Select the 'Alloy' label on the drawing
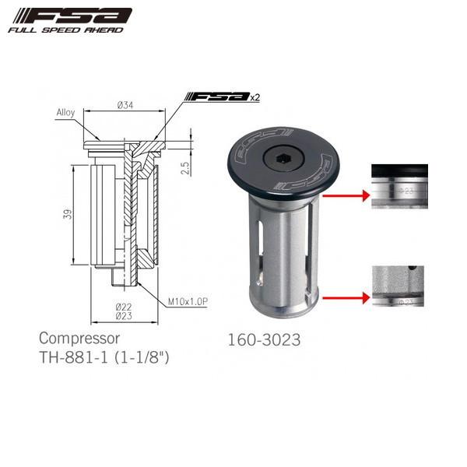(65, 112)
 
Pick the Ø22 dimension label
(125, 307)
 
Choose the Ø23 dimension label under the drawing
(125, 316)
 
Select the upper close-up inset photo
(399, 186)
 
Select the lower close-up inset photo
(399, 288)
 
